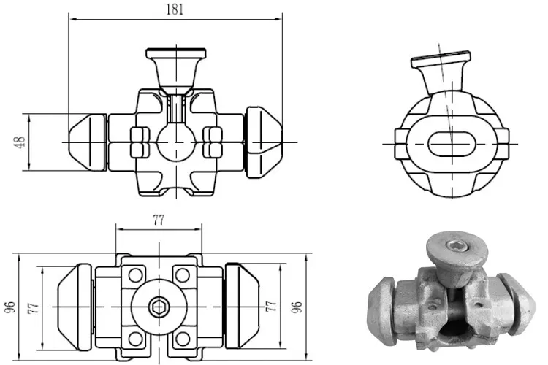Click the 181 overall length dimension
[175, 9]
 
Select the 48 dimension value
[20, 142]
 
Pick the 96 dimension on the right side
[297, 307]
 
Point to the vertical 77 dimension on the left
[32, 307]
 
